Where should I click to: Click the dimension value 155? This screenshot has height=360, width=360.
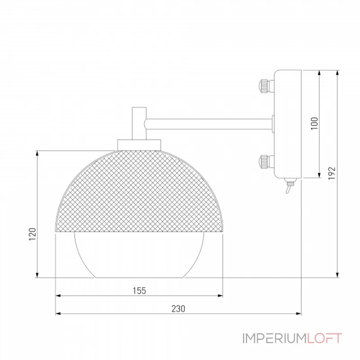(x=139, y=291)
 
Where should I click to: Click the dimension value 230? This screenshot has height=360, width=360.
(x=178, y=309)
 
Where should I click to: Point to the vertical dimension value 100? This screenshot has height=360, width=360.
(x=315, y=123)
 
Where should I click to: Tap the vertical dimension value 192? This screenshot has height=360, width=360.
(x=333, y=173)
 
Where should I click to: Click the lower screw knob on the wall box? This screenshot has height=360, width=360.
(x=264, y=160)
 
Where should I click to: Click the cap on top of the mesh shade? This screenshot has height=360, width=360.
(x=139, y=144)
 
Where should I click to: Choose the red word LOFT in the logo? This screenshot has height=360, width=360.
(x=325, y=338)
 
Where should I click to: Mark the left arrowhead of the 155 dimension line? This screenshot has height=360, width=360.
(x=57, y=296)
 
